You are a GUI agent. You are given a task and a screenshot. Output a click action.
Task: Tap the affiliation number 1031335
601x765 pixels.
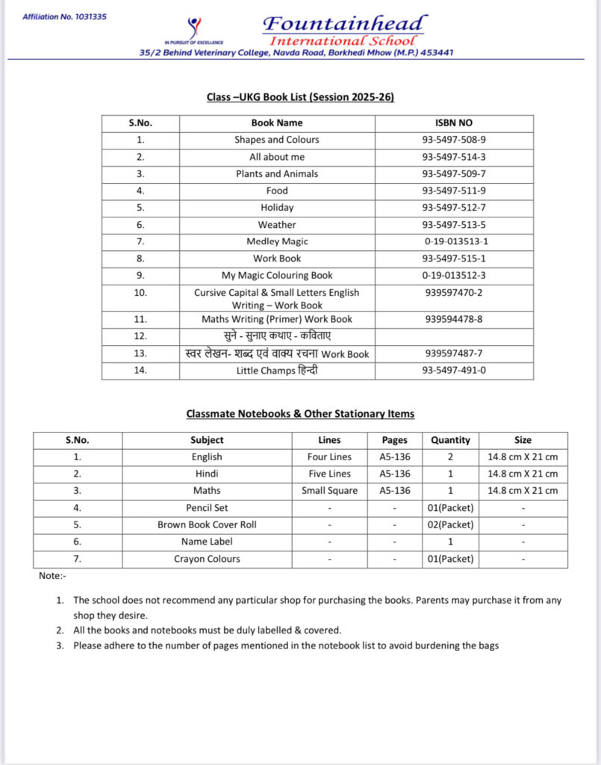64,16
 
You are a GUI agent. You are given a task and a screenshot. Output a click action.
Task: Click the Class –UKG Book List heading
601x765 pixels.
300,97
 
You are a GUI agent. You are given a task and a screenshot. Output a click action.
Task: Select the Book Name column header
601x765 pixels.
277,123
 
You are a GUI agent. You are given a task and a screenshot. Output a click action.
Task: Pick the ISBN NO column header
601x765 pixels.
454,123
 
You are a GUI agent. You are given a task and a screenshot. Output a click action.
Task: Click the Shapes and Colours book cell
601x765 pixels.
277,140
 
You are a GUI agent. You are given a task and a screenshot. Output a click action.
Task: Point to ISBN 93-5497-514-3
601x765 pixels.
454,157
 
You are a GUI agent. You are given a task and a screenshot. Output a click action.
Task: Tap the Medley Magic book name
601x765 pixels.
277,241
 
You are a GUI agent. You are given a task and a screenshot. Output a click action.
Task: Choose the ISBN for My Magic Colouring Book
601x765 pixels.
455,276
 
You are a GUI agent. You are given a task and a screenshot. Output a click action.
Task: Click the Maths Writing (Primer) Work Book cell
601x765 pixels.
277,319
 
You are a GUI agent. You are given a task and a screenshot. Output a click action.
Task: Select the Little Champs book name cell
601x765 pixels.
277,370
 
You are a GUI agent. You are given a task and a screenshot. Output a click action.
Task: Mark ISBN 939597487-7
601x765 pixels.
454,353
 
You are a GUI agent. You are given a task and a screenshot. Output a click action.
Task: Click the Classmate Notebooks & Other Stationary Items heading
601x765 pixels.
300,413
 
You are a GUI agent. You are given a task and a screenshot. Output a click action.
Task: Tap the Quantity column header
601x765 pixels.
450,440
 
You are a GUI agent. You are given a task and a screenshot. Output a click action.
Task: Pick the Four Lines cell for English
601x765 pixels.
329,456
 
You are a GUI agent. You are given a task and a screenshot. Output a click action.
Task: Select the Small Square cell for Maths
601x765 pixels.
329,491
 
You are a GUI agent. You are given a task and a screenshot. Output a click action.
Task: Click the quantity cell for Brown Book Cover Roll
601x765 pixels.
450,524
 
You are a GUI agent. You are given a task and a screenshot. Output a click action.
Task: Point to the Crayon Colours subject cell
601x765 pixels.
207,559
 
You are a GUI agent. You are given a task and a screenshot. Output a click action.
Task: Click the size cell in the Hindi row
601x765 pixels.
523,474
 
